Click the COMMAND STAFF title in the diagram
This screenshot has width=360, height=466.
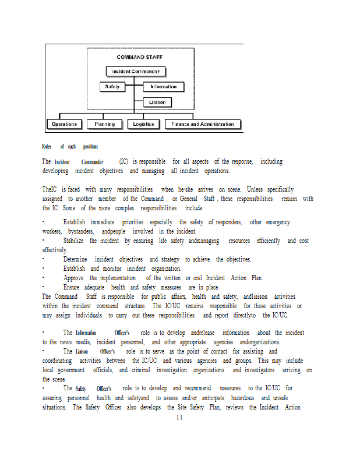click(x=139, y=57)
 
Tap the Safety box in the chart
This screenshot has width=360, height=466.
click(x=112, y=87)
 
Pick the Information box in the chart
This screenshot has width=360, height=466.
click(x=163, y=87)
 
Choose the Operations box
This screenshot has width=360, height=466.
click(x=64, y=124)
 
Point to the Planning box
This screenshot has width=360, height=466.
click(x=105, y=124)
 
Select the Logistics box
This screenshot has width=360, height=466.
click(x=143, y=124)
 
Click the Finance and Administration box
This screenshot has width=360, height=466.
click(x=203, y=124)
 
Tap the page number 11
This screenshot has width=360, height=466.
click(x=179, y=417)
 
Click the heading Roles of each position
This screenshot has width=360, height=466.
click(x=70, y=147)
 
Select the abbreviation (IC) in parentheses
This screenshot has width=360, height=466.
click(x=123, y=161)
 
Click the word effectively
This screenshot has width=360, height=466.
click(x=55, y=250)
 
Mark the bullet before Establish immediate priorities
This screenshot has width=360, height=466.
click(x=44, y=222)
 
